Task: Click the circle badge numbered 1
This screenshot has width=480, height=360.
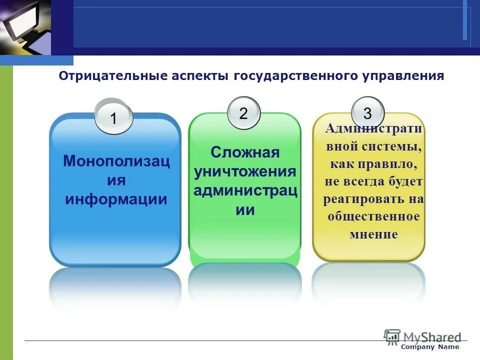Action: coord(113,118)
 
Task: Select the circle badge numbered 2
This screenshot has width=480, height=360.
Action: coord(243,113)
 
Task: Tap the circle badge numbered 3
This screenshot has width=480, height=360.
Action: coord(367,113)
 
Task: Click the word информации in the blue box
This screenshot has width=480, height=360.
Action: coord(116,199)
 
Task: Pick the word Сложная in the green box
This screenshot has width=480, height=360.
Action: coord(244,152)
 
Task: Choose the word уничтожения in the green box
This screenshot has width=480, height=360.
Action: coord(244,171)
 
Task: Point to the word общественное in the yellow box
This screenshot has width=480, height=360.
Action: coord(373,216)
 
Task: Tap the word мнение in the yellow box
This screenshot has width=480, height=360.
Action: coord(373,233)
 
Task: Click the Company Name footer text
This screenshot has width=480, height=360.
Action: coord(430,347)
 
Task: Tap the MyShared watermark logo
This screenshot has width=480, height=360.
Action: coord(422,336)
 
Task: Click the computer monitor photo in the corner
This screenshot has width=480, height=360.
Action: coord(25,27)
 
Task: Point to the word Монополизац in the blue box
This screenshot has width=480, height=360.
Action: coord(116,161)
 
